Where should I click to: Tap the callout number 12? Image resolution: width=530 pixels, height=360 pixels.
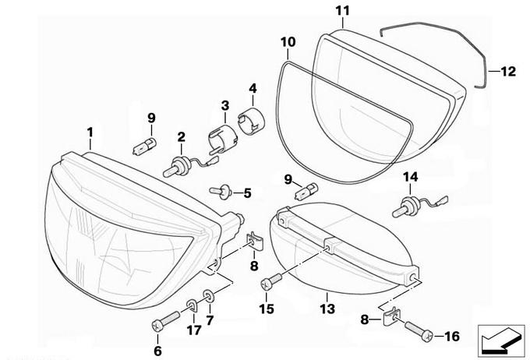point(507,72)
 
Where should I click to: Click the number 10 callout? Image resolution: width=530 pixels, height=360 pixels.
point(288,41)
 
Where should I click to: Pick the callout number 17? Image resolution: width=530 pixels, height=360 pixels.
point(193,331)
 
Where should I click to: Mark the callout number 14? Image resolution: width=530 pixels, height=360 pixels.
point(411,178)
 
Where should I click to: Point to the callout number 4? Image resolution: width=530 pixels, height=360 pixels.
point(253,88)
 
